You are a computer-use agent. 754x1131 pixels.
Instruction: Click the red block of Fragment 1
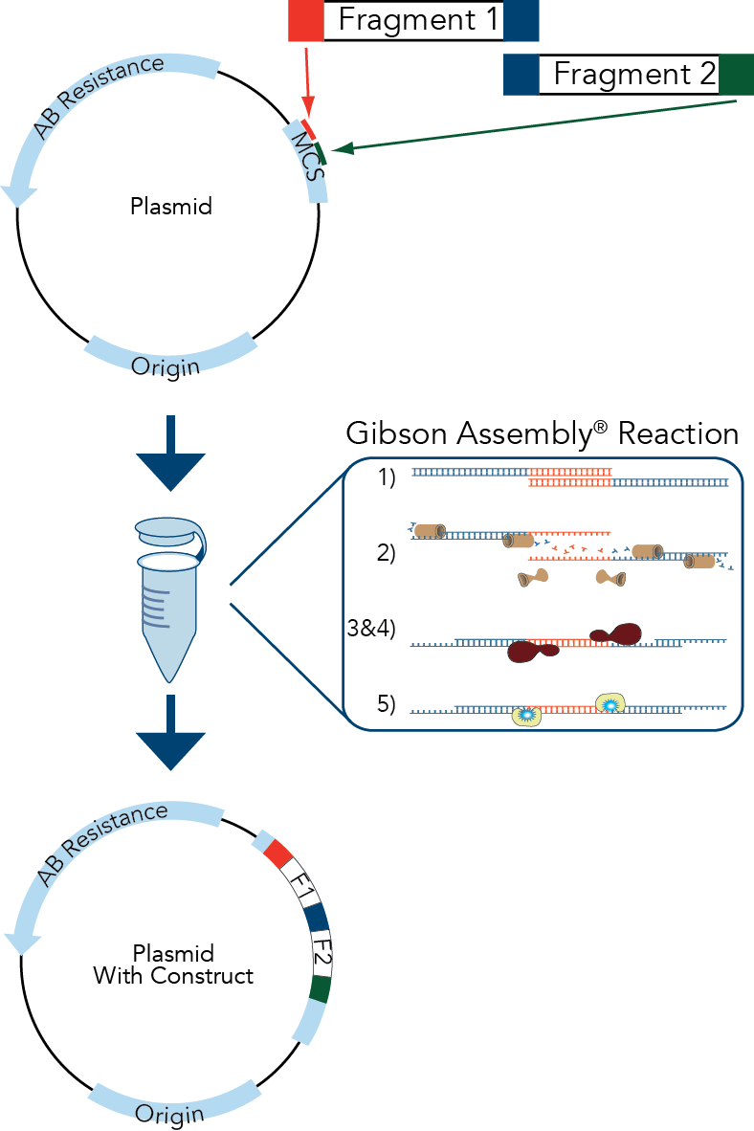tap(306, 21)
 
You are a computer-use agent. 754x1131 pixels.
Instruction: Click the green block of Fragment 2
tap(736, 75)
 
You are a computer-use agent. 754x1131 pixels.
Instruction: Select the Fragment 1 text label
tap(419, 21)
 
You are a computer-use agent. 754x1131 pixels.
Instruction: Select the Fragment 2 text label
tap(634, 75)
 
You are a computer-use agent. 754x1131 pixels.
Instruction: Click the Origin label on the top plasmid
tap(166, 366)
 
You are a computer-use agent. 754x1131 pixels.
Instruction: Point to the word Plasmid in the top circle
tap(170, 206)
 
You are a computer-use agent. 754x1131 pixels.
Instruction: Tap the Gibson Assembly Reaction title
tap(542, 434)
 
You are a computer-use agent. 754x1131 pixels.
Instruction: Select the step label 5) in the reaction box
tap(387, 705)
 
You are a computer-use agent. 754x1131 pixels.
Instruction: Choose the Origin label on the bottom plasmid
tap(169, 1114)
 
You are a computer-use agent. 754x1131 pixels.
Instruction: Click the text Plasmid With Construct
tap(172, 965)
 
